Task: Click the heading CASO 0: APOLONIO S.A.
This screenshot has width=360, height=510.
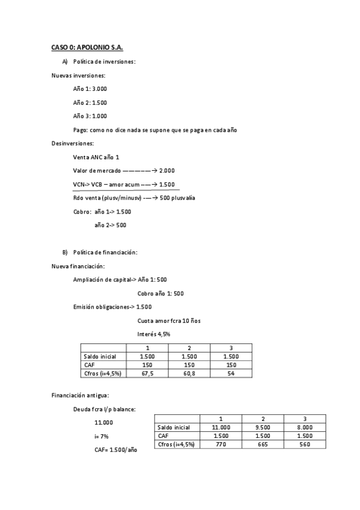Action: [87, 47]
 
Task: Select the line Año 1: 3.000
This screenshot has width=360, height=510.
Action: [90, 88]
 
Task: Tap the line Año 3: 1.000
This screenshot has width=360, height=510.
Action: [90, 116]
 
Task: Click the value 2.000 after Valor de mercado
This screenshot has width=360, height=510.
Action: [167, 171]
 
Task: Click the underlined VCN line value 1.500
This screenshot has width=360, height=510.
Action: [168, 184]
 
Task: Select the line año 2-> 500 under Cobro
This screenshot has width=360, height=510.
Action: [111, 226]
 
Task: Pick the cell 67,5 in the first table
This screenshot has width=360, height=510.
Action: [147, 373]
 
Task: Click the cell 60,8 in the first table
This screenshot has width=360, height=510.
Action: [189, 373]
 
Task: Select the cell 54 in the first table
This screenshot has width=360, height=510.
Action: [231, 373]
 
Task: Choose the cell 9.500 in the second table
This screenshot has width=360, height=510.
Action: [263, 427]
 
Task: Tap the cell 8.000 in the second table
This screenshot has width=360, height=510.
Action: [305, 427]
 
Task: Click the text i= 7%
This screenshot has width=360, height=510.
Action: [101, 436]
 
